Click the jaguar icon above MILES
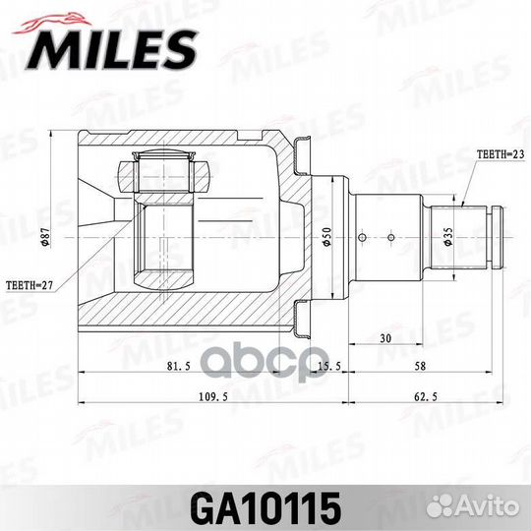pos(52,16)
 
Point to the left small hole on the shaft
pos(364,236)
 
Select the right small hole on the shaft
pos(391,236)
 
